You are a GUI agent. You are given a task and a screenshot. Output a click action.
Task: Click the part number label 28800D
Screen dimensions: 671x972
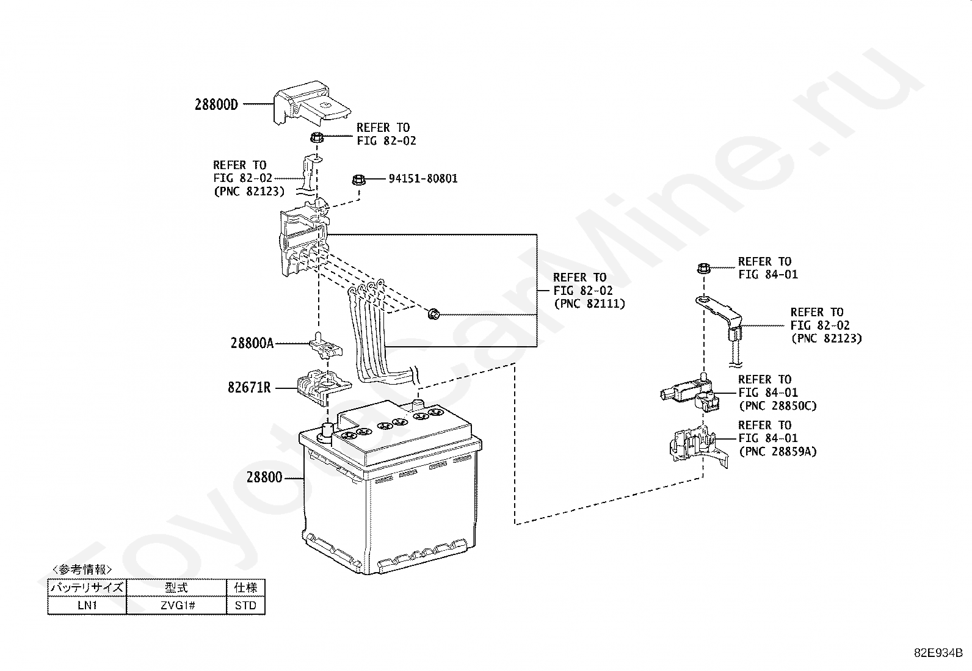[216, 104]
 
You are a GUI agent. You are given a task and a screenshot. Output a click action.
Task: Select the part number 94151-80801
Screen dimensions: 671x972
[423, 179]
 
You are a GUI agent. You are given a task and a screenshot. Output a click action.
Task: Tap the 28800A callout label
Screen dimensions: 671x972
[252, 343]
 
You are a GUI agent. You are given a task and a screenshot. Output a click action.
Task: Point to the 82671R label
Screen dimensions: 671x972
[249, 387]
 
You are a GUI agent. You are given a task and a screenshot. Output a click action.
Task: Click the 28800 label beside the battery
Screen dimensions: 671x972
[264, 477]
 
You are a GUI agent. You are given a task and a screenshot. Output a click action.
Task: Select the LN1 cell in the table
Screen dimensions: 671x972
[87, 606]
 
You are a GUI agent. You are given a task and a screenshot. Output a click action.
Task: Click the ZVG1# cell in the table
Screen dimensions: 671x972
[176, 606]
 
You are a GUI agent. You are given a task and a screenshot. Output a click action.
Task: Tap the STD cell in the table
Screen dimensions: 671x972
[245, 606]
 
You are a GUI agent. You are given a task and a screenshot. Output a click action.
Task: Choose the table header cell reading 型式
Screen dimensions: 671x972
[176, 588]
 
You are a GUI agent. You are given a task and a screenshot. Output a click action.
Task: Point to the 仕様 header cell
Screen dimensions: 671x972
[245, 588]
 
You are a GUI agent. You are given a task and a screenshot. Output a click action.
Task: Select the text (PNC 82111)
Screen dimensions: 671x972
[589, 303]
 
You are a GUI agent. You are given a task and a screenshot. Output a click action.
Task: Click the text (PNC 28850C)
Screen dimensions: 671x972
[777, 406]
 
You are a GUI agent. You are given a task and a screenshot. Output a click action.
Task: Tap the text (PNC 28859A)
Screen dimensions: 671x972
[777, 452]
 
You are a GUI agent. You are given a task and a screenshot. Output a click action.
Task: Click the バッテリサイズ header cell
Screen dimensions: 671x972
[87, 588]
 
